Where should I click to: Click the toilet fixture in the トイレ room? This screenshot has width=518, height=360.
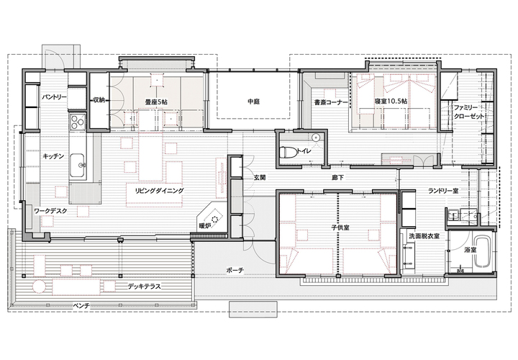click(288, 153)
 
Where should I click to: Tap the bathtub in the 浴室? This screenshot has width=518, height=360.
click(483, 252)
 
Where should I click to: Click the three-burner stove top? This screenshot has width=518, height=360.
click(77, 121)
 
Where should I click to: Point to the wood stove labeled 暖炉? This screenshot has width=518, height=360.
click(212, 218)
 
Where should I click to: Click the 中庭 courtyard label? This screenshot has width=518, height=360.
click(253, 102)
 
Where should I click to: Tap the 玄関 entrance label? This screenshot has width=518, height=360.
click(260, 178)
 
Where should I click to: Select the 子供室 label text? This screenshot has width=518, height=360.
click(340, 228)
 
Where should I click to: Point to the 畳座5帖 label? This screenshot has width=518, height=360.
click(156, 102)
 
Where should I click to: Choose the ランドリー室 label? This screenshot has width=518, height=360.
click(443, 190)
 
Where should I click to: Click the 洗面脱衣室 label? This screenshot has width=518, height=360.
click(424, 236)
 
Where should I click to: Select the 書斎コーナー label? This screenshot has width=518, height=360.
click(331, 102)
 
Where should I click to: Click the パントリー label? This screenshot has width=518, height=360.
click(54, 97)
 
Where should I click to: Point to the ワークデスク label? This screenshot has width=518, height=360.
click(50, 211)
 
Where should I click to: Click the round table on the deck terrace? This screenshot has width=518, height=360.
click(39, 287)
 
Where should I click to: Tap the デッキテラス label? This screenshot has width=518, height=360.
click(145, 287)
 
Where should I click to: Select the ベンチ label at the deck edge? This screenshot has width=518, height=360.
click(81, 305)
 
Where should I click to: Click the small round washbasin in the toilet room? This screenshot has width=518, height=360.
click(316, 138)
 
